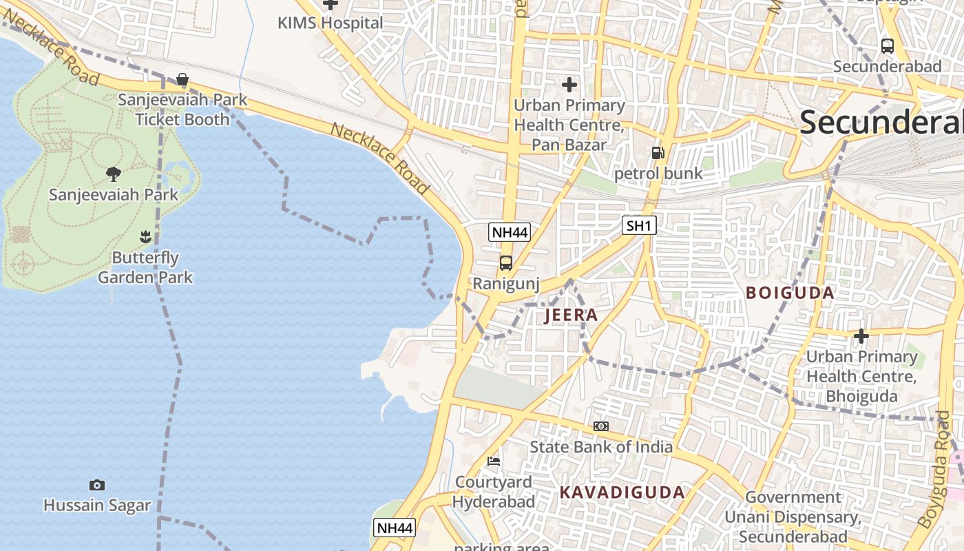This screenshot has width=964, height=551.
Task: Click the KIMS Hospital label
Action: (x=330, y=23)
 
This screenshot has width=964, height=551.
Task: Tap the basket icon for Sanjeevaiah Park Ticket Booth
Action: (x=182, y=80)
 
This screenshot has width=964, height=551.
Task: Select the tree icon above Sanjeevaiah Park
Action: (x=114, y=174)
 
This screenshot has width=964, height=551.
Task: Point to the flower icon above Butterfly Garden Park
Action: (x=145, y=238)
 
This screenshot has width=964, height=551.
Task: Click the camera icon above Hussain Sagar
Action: (x=97, y=485)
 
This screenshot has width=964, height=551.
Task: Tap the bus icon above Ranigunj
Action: (x=506, y=263)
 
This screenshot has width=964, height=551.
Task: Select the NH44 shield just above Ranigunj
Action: (x=510, y=232)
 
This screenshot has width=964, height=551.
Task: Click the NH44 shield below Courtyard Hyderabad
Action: (x=395, y=528)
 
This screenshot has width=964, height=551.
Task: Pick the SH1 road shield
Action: (x=639, y=225)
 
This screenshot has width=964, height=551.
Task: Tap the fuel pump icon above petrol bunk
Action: (x=658, y=153)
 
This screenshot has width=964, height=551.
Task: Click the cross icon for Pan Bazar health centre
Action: (x=569, y=85)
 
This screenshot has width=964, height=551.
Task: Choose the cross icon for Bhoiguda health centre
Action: (x=861, y=336)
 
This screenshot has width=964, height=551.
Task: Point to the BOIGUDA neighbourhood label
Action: (x=790, y=293)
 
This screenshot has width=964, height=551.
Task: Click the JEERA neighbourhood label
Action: (x=571, y=315)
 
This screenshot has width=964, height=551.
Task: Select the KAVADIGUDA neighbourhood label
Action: (x=622, y=492)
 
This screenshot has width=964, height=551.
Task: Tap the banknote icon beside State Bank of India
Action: (x=601, y=426)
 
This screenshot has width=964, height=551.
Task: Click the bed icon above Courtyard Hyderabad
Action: (x=494, y=461)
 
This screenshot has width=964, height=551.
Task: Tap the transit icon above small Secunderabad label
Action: (x=888, y=46)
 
